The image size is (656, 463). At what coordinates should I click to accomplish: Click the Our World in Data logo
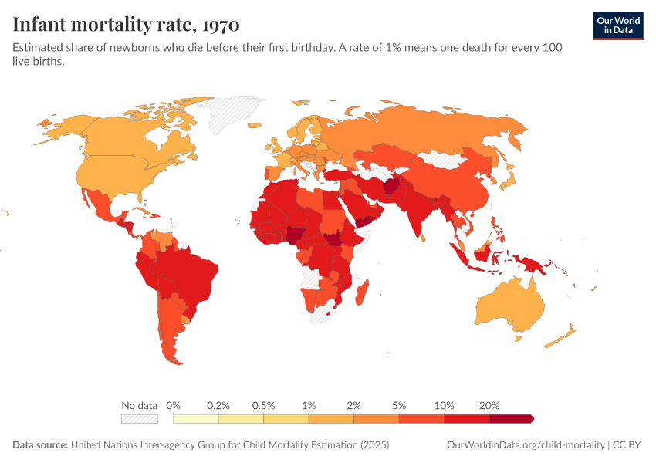618,26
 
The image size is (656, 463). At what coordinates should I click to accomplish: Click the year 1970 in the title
221,25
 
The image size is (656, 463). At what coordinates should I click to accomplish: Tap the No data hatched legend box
140,419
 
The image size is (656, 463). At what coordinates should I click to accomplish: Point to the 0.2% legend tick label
218,405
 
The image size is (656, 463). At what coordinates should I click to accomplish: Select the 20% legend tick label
489,405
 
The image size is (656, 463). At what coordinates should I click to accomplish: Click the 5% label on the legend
399,405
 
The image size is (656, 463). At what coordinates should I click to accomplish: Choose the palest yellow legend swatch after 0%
196,419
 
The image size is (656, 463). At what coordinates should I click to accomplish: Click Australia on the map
511,305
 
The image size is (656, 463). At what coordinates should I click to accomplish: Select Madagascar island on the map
361,292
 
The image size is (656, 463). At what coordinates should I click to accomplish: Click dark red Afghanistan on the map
391,185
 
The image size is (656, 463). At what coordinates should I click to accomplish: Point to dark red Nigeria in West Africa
296,235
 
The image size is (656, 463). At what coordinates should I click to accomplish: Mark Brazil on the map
188,276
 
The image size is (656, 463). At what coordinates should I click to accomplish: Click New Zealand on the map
560,336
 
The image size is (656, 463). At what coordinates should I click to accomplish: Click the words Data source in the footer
40,444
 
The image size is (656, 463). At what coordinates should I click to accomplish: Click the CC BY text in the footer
627,444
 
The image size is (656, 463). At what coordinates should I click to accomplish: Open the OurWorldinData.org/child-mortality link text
526,444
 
